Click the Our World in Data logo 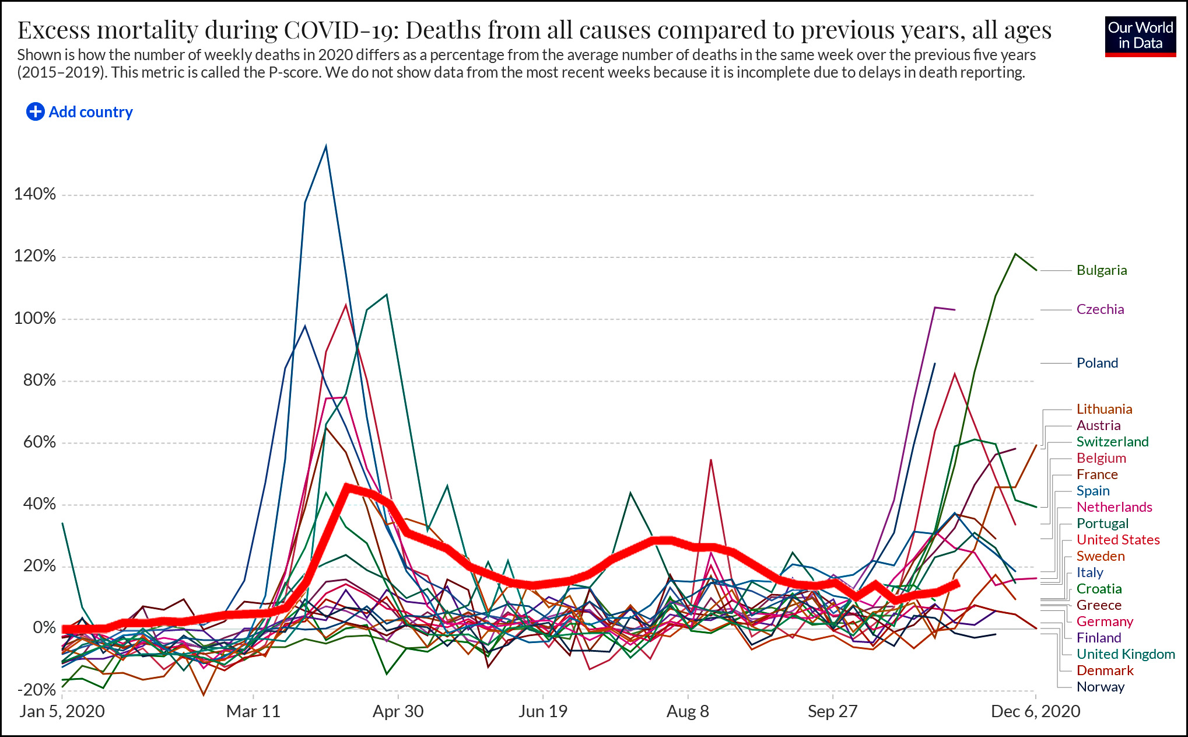(1140, 36)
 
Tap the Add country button (80, 111)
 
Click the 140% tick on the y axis (35, 194)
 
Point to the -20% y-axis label (36, 690)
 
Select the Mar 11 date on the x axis (253, 711)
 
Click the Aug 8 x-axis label (688, 711)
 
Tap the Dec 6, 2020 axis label (1035, 711)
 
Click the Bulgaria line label (1101, 270)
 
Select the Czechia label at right (1100, 309)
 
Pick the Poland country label (1097, 363)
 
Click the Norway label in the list (1100, 687)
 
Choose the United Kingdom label (1125, 654)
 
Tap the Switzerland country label (1112, 442)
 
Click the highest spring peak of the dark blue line (325, 146)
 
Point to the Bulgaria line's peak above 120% (1015, 254)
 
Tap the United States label (1117, 540)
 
